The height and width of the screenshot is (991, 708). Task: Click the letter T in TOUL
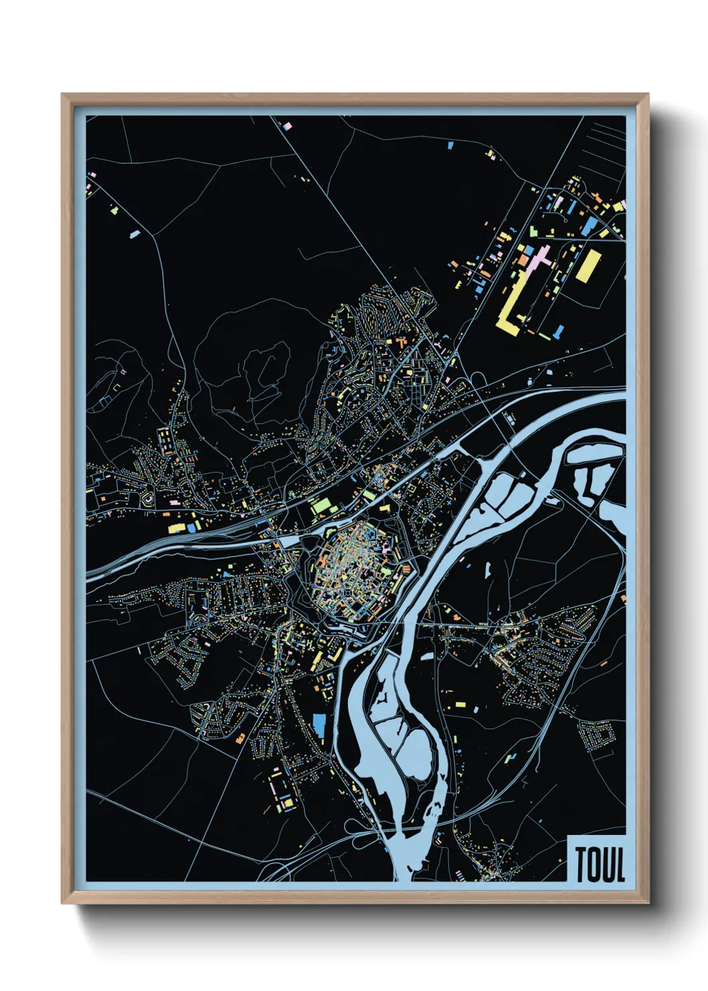point(582,865)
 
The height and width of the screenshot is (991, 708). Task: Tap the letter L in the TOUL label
point(620,865)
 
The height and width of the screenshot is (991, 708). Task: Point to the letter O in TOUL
point(594,865)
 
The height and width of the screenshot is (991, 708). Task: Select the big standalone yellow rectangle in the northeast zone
point(588,266)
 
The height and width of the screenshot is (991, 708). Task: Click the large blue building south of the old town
point(319,725)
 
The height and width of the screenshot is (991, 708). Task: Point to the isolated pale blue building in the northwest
point(134,234)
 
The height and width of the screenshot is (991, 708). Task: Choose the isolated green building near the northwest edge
point(114,210)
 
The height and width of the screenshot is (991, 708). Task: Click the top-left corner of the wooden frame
point(63,95)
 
